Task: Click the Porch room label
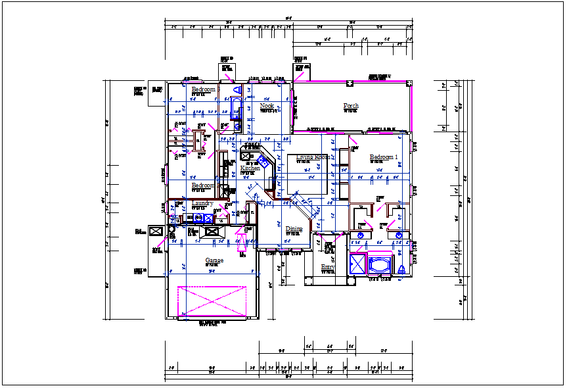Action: pyautogui.click(x=351, y=106)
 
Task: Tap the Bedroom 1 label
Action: pyautogui.click(x=384, y=157)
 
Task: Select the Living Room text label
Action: pyautogui.click(x=313, y=157)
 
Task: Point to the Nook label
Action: pyautogui.click(x=267, y=106)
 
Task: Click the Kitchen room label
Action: pyautogui.click(x=250, y=168)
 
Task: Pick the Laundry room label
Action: pyautogui.click(x=202, y=203)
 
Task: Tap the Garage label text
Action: pyautogui.click(x=214, y=260)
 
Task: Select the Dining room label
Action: pyautogui.click(x=294, y=229)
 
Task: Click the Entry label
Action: pyautogui.click(x=327, y=267)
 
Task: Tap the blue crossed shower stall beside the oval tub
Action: pyautogui.click(x=359, y=264)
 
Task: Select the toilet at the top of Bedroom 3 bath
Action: pyautogui.click(x=237, y=89)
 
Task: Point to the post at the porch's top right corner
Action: pyautogui.click(x=409, y=84)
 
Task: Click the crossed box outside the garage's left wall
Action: pyautogui.click(x=156, y=231)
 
